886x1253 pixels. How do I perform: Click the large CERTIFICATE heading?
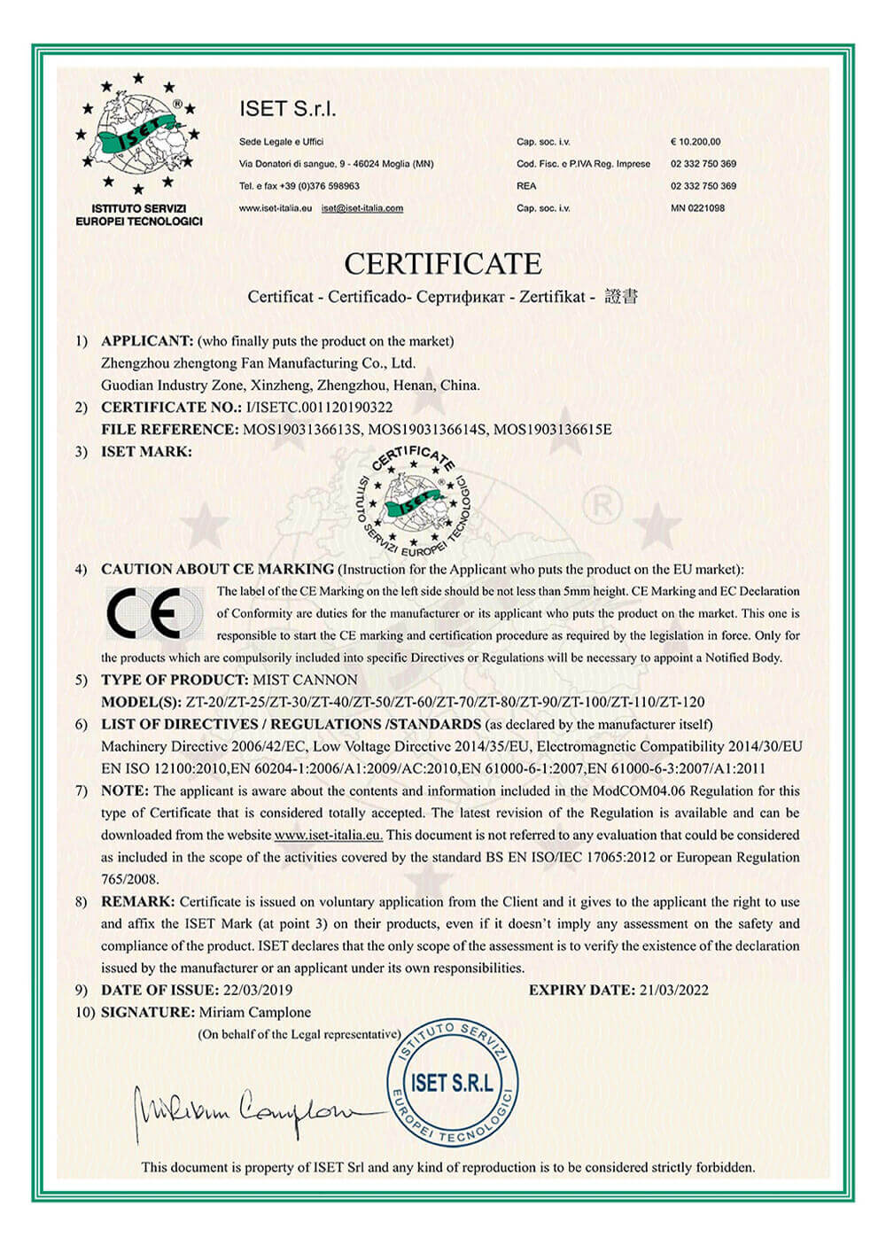[442, 264]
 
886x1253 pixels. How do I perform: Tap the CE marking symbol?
[152, 613]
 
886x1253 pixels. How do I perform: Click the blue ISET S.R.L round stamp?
[452, 1082]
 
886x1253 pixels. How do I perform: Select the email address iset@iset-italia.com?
[362, 208]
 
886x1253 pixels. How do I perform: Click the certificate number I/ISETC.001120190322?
[318, 408]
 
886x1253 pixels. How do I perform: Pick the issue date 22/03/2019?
[257, 990]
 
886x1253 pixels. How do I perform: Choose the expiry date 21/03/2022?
[673, 990]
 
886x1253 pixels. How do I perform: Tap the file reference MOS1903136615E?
[552, 430]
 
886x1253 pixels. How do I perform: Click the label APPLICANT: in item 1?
[147, 341]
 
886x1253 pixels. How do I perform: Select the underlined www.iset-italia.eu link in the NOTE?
[328, 835]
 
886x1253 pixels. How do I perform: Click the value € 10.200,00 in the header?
[696, 142]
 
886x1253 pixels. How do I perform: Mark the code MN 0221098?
[698, 208]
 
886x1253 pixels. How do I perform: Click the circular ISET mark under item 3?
[413, 501]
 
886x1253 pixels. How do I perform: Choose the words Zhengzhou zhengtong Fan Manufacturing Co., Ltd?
[258, 363]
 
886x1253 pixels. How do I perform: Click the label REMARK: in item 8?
[138, 901]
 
